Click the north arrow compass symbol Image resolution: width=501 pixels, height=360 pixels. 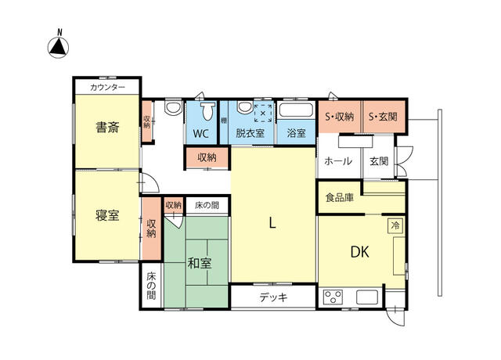pyautogui.click(x=58, y=47)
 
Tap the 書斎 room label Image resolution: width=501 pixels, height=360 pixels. pyautogui.click(x=107, y=127)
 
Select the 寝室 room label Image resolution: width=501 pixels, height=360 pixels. pyautogui.click(x=107, y=215)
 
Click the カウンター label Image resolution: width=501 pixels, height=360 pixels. pyautogui.click(x=107, y=87)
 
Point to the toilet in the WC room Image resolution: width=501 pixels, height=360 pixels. pyautogui.click(x=208, y=111)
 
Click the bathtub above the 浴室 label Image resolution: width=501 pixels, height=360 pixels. pyautogui.click(x=296, y=110)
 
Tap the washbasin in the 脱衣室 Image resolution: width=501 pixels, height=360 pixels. pyautogui.click(x=245, y=107)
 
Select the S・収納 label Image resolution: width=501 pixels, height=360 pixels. pyautogui.click(x=339, y=117)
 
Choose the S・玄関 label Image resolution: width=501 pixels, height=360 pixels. pyautogui.click(x=383, y=117)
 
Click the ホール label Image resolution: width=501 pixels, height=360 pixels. pyautogui.click(x=338, y=161)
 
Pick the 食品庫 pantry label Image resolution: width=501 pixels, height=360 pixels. pyautogui.click(x=339, y=197)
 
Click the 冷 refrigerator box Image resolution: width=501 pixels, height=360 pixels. pyautogui.click(x=395, y=225)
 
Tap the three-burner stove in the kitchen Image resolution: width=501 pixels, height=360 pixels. pyautogui.click(x=333, y=297)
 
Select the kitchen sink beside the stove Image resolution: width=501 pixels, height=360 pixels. pyautogui.click(x=367, y=297)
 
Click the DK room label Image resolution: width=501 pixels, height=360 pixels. pyautogui.click(x=360, y=252)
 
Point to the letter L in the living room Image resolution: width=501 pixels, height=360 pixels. pyautogui.click(x=272, y=222)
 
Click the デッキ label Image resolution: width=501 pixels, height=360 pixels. pyautogui.click(x=273, y=297)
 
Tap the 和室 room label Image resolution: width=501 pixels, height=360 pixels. pyautogui.click(x=200, y=264)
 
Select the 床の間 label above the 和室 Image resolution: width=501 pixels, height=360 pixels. pyautogui.click(x=207, y=205)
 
